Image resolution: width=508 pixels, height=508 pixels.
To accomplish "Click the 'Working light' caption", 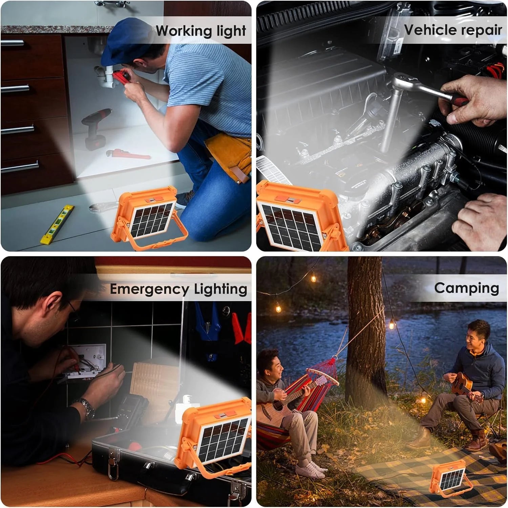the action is pos(201,31).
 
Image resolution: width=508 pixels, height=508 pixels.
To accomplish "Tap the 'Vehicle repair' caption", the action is pos(453,30).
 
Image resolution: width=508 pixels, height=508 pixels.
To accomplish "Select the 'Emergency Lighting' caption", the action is pos(178,290).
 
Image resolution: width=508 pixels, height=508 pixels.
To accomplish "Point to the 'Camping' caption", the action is pos(467,288).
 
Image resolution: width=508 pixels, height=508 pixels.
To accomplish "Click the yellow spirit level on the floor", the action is pos(57,225).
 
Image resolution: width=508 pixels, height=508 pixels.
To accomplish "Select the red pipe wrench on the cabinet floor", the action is pos(128,154).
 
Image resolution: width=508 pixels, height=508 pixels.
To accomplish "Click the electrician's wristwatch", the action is pos(86,408).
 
